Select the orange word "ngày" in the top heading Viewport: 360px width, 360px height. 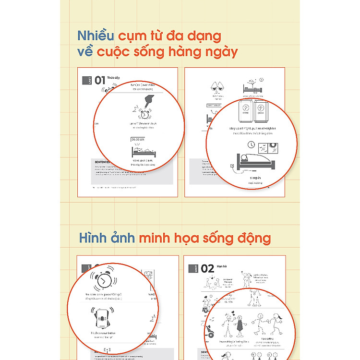click(220, 52)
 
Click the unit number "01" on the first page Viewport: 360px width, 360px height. click(100, 80)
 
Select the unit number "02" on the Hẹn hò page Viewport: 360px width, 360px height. click(207, 269)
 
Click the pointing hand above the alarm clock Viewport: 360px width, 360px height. click(146, 101)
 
